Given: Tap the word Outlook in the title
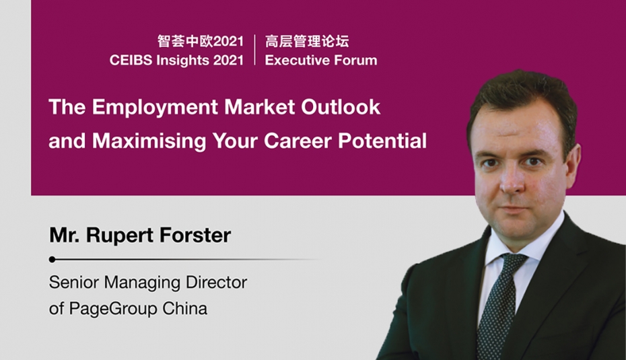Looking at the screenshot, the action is (341, 107).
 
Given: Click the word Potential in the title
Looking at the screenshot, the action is (382, 141).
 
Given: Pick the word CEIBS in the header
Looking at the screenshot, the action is (131, 61).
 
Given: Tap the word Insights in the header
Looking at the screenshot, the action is (182, 61).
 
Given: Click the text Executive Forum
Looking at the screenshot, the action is (321, 61).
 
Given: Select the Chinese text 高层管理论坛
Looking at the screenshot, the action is (307, 41).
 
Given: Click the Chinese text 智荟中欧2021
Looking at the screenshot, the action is (200, 41).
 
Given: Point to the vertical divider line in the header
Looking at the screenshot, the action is (254, 50).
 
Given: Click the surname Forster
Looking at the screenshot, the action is (195, 235).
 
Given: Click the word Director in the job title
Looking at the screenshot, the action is (216, 283).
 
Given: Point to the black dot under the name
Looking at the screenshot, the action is (52, 260).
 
